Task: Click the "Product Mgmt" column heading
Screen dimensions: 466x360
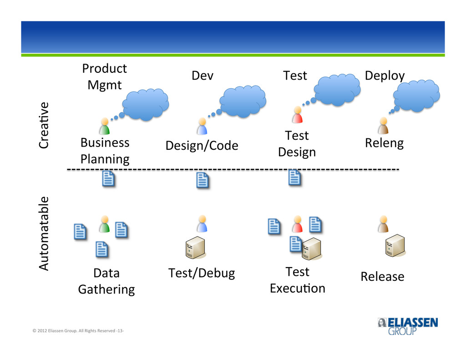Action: coord(105,77)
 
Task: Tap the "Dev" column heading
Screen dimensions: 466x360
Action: coord(203,76)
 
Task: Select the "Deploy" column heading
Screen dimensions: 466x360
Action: coord(385,76)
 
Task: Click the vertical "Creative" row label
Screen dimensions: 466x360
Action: coord(44,125)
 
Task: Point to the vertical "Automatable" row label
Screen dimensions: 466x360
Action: coord(44,233)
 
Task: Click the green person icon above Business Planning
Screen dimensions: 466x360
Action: coord(105,126)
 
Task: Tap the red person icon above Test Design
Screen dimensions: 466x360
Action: coord(298,115)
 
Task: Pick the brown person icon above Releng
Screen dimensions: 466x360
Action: coord(383,126)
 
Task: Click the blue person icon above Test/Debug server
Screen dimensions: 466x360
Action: coord(202,223)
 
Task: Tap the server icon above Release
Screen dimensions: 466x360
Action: coord(395,246)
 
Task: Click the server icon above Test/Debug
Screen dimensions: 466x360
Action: coord(195,247)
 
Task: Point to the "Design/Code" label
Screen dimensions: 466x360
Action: coord(202,146)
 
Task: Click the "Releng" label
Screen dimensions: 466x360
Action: coord(384,143)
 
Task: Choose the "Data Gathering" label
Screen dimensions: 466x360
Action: coord(106,281)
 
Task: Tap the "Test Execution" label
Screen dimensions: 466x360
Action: coord(298,280)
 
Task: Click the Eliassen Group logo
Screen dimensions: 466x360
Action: coord(408,326)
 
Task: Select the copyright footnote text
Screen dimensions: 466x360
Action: coord(78,330)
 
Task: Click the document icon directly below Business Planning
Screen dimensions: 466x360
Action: coord(108,179)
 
